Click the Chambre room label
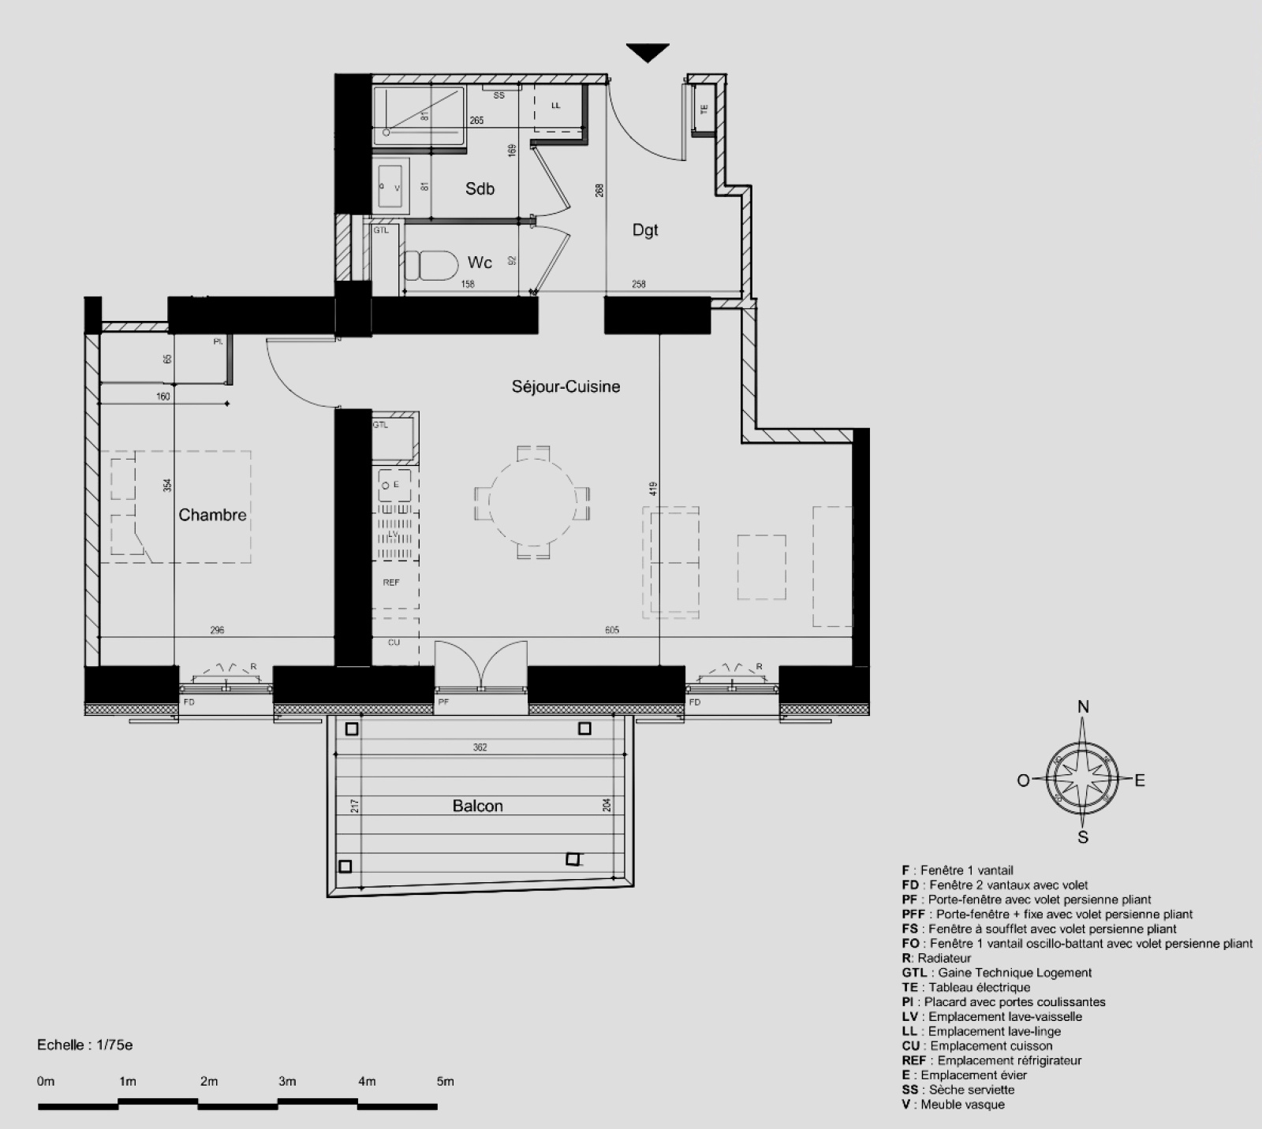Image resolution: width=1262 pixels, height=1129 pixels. pyautogui.click(x=212, y=515)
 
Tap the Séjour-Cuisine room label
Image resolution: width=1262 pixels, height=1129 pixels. pyautogui.click(x=566, y=386)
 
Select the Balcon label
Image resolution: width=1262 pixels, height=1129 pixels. pyautogui.click(x=477, y=806)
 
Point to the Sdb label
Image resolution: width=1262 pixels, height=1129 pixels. pyautogui.click(x=480, y=188)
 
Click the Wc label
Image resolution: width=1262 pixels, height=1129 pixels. pyautogui.click(x=480, y=263)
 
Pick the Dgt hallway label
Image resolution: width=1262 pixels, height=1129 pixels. pyautogui.click(x=645, y=230)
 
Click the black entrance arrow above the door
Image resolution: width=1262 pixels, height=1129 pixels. pyautogui.click(x=648, y=53)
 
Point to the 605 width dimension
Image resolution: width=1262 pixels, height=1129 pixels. pyautogui.click(x=612, y=630)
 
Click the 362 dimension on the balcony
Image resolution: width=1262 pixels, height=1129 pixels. pyautogui.click(x=480, y=747)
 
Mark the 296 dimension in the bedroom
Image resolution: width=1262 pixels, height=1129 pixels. pyautogui.click(x=217, y=630)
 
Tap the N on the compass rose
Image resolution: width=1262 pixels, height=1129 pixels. pyautogui.click(x=1083, y=707)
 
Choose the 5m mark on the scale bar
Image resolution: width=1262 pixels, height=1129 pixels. pyautogui.click(x=445, y=1082)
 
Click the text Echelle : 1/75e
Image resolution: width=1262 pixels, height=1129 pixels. pyautogui.click(x=84, y=1045)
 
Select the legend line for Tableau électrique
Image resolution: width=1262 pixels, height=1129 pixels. pyautogui.click(x=966, y=987)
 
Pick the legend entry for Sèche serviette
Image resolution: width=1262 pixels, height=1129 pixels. pyautogui.click(x=958, y=1090)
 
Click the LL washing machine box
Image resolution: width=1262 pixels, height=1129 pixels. pyautogui.click(x=558, y=106)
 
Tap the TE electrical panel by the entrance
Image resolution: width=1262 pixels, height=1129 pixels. pyautogui.click(x=704, y=110)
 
